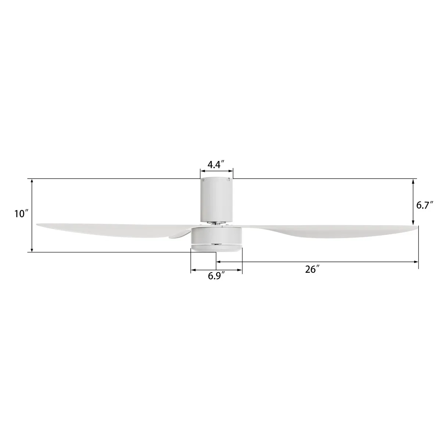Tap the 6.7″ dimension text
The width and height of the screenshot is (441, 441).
coord(425,205)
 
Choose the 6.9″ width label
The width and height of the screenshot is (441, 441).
coord(216,276)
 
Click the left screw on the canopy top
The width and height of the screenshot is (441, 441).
coord(203,180)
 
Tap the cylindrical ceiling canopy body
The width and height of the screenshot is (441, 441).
coord(216,200)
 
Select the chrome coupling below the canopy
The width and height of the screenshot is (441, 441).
coord(216,223)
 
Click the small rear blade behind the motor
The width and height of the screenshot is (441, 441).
coord(179,234)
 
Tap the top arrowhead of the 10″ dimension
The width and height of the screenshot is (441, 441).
coord(32,181)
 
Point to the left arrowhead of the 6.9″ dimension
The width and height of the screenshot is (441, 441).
coord(193,271)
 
